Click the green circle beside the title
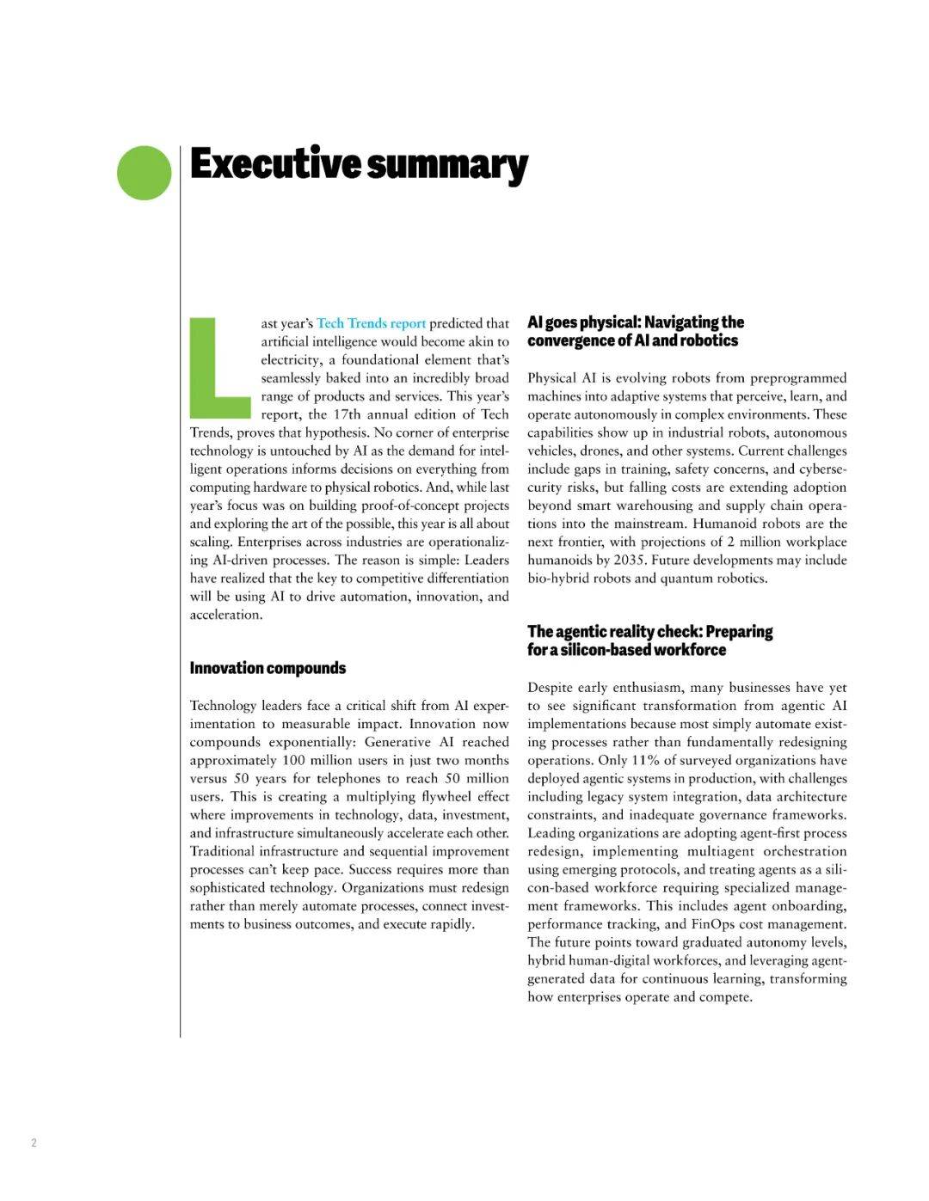pyautogui.click(x=145, y=173)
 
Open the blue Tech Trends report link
pyautogui.click(x=371, y=323)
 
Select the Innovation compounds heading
pyautogui.click(x=268, y=668)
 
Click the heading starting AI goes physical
pyautogui.click(x=635, y=331)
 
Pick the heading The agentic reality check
pyautogui.click(x=649, y=640)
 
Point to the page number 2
pyautogui.click(x=34, y=1143)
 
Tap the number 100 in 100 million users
pyautogui.click(x=293, y=760)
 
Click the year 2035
pyautogui.click(x=630, y=560)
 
